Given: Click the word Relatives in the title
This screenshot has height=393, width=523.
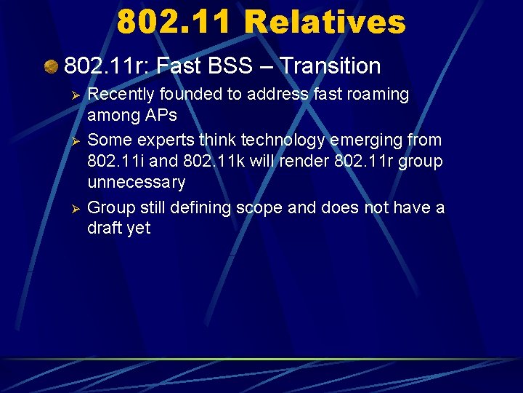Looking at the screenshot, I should [x=325, y=22].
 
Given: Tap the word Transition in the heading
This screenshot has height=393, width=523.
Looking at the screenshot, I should [x=331, y=66].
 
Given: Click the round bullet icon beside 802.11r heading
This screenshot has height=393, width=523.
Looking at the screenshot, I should [x=51, y=67].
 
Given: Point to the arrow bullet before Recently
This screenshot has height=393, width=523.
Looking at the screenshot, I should [x=72, y=95].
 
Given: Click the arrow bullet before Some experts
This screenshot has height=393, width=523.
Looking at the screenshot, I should [x=72, y=139].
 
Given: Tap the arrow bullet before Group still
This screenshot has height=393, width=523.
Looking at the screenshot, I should [x=72, y=207].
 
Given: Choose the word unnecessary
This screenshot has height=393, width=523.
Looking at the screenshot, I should [x=136, y=182].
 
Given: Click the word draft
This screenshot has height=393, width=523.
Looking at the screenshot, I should [x=106, y=229].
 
